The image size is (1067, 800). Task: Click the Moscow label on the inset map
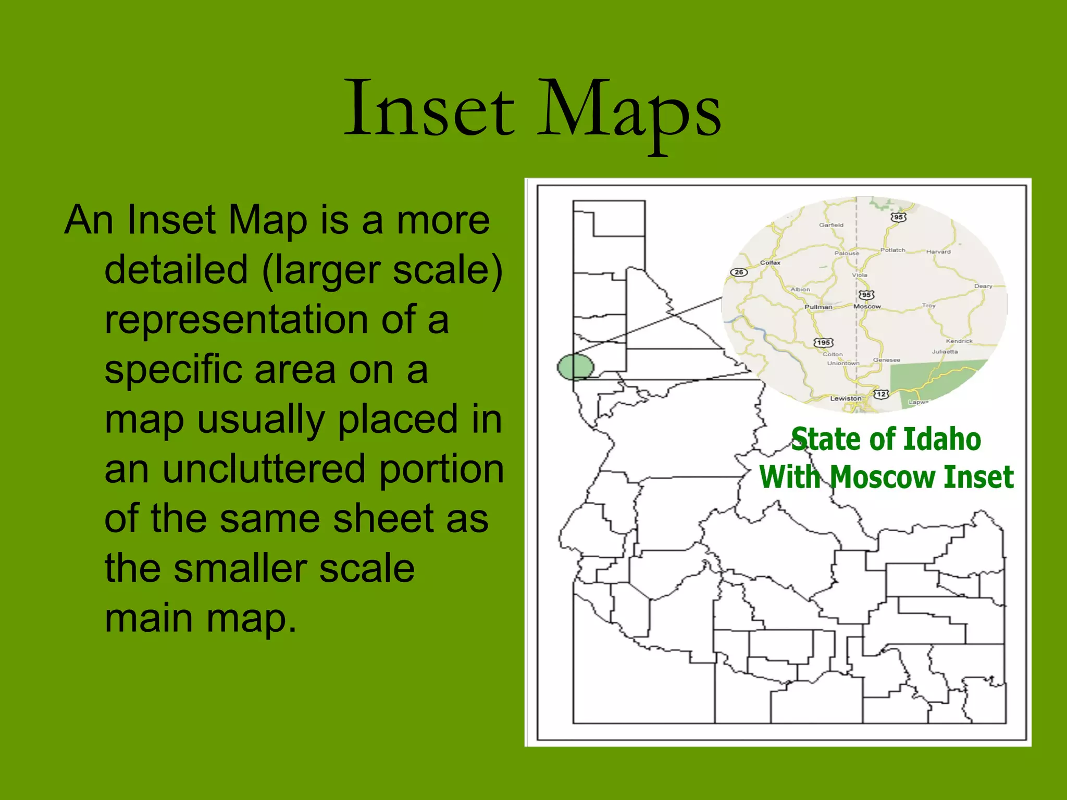tap(867, 306)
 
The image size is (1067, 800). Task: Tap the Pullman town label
tap(818, 307)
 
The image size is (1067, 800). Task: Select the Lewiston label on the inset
tap(846, 398)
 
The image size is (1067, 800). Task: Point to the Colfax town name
tap(770, 262)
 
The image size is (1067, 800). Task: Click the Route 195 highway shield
tap(823, 342)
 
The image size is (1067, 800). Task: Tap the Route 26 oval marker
tap(739, 272)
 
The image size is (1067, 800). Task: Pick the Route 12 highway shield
tap(881, 394)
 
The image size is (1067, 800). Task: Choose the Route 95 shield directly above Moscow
tap(866, 295)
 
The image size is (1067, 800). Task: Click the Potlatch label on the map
tap(892, 250)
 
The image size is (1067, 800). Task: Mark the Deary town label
tap(983, 286)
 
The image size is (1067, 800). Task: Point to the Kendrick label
tap(959, 341)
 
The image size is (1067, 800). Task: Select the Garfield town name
tap(831, 225)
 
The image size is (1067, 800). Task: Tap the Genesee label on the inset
tap(887, 360)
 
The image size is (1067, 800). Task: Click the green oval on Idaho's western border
tap(575, 367)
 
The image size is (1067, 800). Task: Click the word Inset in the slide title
tap(429, 109)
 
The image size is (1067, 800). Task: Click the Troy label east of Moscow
tap(928, 306)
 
